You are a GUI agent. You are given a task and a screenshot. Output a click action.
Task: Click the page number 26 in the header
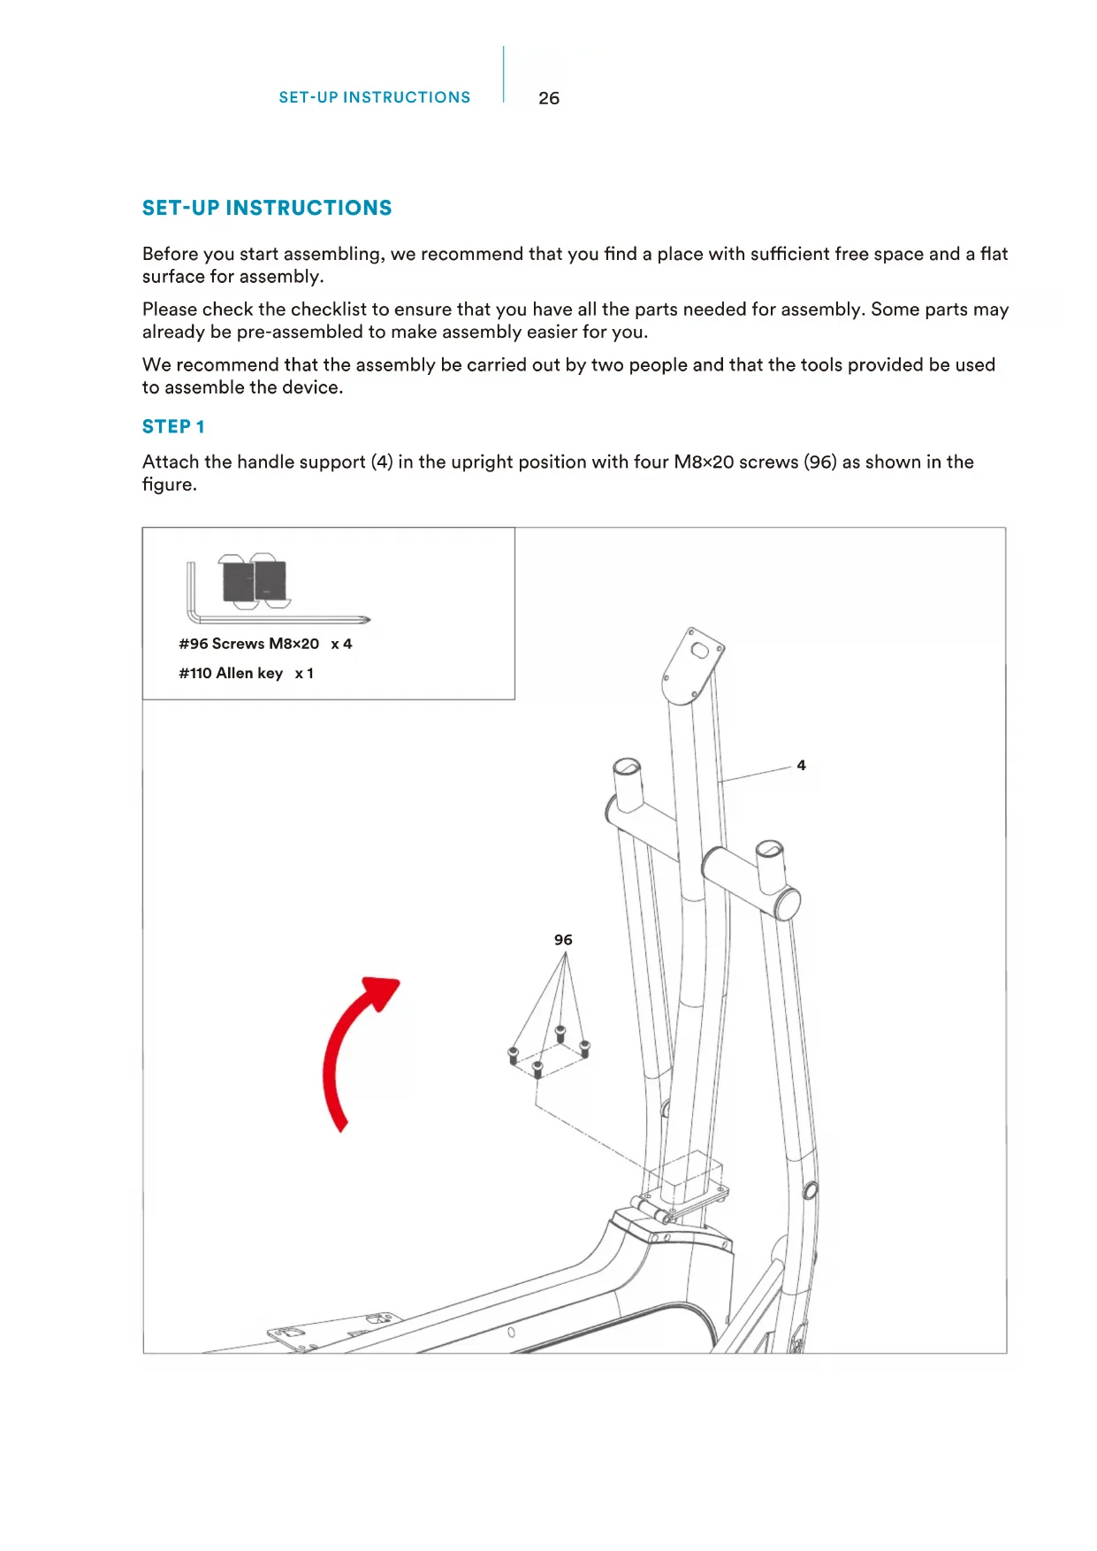point(548,98)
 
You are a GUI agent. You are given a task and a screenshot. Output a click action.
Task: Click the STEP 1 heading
point(173,427)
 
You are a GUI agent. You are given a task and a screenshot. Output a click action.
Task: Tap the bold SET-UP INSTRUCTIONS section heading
point(267,208)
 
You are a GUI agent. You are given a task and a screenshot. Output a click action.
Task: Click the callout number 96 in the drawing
point(563,940)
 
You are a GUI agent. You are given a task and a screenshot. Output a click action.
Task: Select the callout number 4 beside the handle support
point(801,766)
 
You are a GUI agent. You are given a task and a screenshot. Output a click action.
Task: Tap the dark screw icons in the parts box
point(255,581)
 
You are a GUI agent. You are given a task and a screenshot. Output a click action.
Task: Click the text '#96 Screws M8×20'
point(248,644)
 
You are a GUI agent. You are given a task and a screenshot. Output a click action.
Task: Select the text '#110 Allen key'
point(231,673)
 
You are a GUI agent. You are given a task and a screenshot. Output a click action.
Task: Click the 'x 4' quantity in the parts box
point(341,644)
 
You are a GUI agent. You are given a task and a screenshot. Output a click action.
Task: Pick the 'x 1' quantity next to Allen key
point(304,673)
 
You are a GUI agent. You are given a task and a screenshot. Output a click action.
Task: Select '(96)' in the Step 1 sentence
point(820,462)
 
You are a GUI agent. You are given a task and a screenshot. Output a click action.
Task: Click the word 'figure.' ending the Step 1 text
point(169,485)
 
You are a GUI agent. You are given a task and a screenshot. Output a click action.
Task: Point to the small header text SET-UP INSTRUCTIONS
point(375,97)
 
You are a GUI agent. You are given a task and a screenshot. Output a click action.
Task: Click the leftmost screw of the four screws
point(514,1056)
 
